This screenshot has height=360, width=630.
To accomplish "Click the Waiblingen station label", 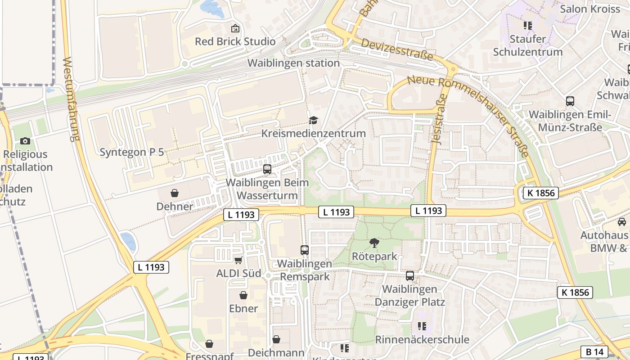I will (x=293, y=63).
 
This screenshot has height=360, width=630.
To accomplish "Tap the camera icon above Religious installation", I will (x=25, y=141).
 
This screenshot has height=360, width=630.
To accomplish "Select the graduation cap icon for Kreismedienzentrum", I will (x=313, y=120).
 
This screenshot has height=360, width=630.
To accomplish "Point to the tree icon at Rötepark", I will (x=374, y=243).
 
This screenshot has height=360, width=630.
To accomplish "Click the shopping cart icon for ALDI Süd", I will (x=238, y=260).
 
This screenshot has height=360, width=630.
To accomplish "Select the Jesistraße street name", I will (x=438, y=122).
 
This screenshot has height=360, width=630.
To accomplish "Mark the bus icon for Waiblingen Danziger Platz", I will (x=410, y=276).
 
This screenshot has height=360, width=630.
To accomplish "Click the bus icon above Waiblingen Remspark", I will (x=305, y=250).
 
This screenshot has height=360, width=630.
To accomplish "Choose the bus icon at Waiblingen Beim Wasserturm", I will (x=267, y=169).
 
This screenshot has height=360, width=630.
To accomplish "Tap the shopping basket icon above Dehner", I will (x=175, y=193).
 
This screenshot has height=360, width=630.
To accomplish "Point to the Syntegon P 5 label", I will (x=132, y=152).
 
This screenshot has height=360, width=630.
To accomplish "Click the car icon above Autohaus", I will (x=622, y=222).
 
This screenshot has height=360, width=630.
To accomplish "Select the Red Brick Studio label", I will (x=235, y=41).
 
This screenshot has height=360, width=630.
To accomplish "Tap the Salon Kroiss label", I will (x=589, y=9).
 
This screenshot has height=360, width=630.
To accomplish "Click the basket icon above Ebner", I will (x=243, y=295).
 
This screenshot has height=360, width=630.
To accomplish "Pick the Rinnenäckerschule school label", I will (x=422, y=339).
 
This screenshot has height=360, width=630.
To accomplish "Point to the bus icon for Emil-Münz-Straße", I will (x=570, y=101).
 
